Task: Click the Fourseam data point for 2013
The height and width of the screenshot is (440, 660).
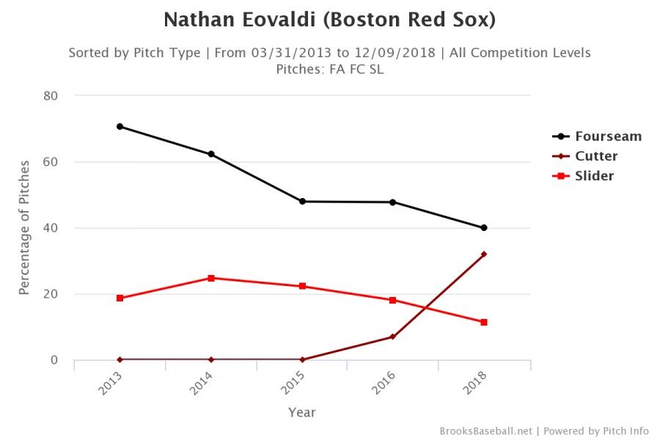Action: click(120, 126)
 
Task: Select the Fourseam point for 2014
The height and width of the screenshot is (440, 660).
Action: click(210, 154)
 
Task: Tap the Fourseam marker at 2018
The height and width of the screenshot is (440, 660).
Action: click(484, 227)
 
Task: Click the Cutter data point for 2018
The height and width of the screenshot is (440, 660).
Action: click(484, 254)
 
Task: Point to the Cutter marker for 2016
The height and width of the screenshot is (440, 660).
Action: click(393, 337)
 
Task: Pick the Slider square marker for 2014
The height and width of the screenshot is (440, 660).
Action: click(210, 278)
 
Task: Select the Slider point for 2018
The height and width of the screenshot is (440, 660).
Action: click(484, 322)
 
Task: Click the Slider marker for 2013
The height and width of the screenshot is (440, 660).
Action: click(120, 298)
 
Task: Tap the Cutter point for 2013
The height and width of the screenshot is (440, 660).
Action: click(120, 359)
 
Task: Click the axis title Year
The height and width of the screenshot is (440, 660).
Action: click(301, 412)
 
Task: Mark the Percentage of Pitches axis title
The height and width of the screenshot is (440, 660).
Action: click(24, 228)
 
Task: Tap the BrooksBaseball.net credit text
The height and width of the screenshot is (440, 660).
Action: click(486, 430)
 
